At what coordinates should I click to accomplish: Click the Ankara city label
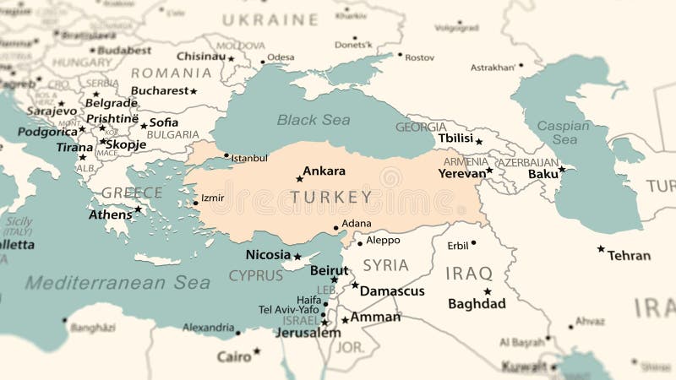coord(324,171)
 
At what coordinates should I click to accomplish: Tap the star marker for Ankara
coord(299,178)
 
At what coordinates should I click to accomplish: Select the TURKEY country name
coord(330,198)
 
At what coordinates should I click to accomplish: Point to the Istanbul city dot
coord(226,155)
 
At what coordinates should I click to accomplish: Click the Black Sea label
coord(313,120)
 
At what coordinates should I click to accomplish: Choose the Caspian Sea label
coord(564,132)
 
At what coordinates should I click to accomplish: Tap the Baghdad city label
coord(477,304)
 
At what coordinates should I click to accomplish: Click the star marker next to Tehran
coord(601,249)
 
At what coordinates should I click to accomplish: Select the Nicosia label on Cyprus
coord(268,254)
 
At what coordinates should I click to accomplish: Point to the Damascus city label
coord(392,290)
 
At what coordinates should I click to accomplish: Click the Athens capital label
coord(111,214)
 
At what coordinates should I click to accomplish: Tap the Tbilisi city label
coord(455,138)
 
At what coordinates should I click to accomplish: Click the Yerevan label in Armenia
coord(461,173)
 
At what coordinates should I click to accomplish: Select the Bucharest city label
coord(160,90)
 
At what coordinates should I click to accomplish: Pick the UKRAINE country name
coord(270,19)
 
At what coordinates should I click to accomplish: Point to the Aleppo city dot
coord(359,243)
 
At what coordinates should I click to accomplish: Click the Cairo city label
coord(234,357)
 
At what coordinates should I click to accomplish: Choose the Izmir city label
coord(212,198)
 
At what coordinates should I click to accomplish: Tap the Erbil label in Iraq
coord(457,245)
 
